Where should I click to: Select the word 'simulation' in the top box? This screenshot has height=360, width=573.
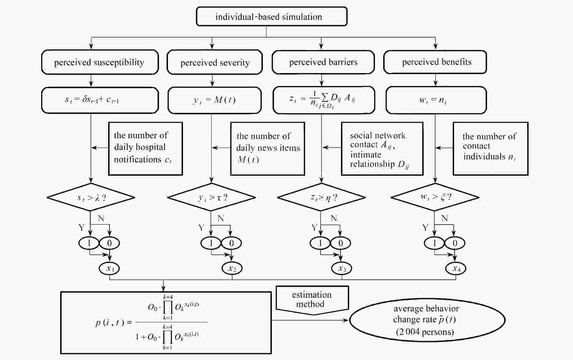[x=302, y=17]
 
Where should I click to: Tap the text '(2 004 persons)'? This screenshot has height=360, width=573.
[x=425, y=332]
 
